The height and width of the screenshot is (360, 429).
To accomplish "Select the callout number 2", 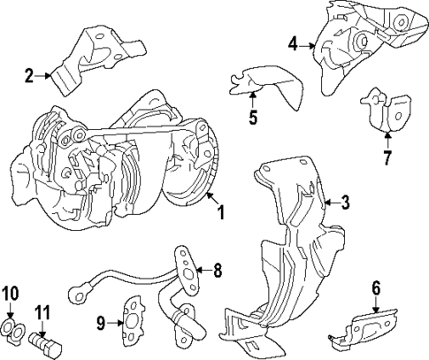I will [x=29, y=76].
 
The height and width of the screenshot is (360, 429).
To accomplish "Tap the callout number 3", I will [x=346, y=203].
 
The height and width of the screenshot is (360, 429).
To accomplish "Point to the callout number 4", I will [x=293, y=42].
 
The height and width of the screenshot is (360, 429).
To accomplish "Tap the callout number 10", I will [x=10, y=293].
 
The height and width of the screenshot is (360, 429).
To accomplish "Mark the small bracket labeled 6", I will [x=363, y=327].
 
